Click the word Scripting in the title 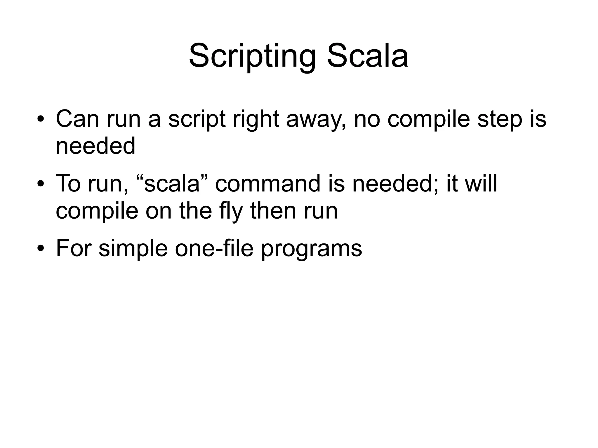[x=252, y=56]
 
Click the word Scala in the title [x=367, y=56]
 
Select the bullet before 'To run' [x=40, y=184]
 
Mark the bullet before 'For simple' [x=40, y=249]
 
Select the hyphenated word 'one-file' [x=214, y=248]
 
